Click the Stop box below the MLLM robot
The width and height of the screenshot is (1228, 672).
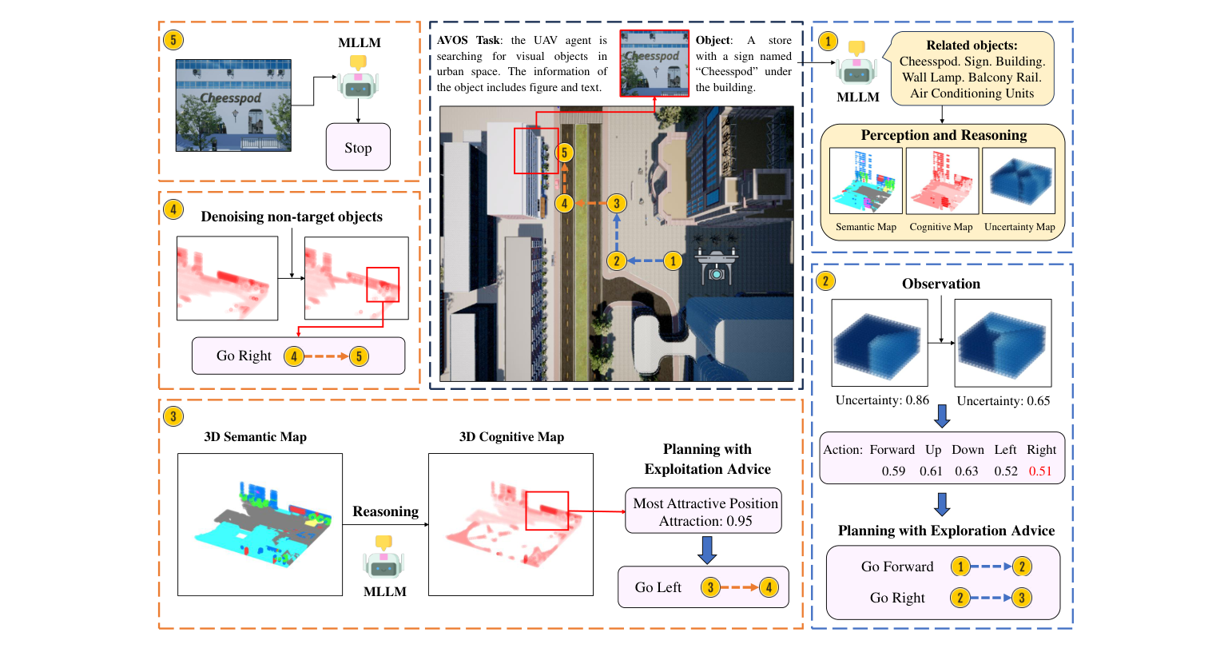pos(358,147)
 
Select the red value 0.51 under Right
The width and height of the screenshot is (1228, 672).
pos(1039,471)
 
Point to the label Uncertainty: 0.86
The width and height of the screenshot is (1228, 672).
pos(882,400)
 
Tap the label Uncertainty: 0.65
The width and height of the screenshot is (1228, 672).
pos(1003,401)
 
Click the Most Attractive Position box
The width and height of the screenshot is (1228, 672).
pos(704,511)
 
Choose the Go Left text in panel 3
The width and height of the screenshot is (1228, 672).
pos(658,587)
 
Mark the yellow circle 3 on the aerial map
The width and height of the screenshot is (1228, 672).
pos(616,203)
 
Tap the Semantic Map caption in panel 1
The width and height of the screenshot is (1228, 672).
pos(865,227)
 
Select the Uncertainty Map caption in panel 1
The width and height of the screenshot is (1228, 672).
pos(1019,227)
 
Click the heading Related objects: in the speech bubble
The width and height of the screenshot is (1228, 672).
pos(972,46)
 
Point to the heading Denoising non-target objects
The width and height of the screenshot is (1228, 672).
pos(292,217)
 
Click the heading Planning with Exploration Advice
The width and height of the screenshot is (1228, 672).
pos(946,531)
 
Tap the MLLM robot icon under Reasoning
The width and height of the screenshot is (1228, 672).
pos(384,557)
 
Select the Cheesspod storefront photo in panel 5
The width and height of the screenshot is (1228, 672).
pos(233,105)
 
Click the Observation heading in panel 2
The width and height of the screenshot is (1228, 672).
pos(940,284)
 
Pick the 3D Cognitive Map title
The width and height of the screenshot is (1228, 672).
pos(511,437)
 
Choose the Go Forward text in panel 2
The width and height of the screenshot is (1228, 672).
pos(896,567)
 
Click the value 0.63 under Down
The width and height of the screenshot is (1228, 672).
pos(966,471)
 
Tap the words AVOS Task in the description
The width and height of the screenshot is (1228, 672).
pos(468,40)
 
